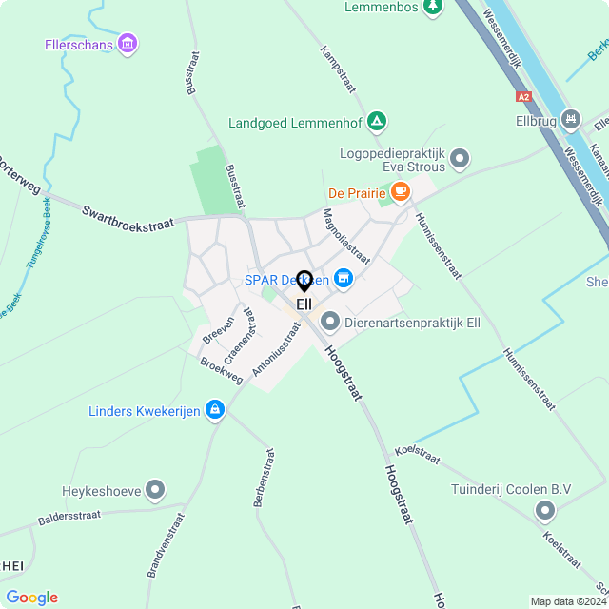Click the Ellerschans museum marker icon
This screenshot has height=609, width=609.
click(128, 44)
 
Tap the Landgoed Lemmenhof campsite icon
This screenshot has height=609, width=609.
click(378, 121)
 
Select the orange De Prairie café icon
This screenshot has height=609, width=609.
click(401, 192)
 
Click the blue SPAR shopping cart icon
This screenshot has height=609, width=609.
click(344, 279)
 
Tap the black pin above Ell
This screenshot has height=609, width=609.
click(304, 282)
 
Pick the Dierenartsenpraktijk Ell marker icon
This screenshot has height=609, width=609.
click(330, 323)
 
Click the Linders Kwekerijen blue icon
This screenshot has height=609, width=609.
click(215, 410)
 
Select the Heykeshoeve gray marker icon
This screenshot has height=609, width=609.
click(155, 491)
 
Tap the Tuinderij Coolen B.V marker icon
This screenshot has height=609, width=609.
click(544, 512)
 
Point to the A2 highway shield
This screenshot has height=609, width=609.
click(523, 96)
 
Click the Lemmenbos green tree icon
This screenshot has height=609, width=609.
click(433, 7)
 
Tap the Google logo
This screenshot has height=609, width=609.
click(31, 598)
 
